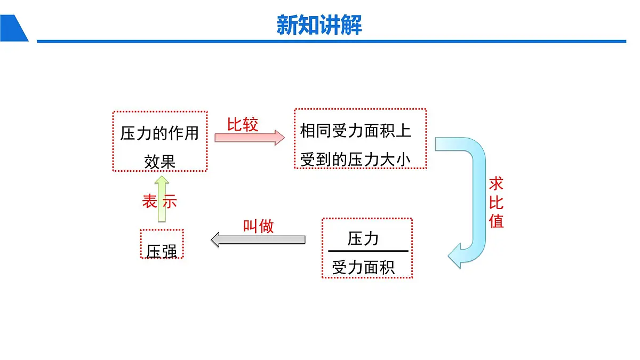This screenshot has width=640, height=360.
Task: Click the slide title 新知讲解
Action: click(x=319, y=25)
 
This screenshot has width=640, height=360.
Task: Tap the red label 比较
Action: click(x=243, y=124)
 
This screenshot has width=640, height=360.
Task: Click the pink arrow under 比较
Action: click(x=250, y=137)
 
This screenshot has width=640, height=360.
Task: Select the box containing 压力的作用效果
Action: click(x=159, y=141)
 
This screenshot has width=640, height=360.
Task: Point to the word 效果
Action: click(x=159, y=161)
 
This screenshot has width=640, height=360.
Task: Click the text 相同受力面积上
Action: click(x=356, y=131)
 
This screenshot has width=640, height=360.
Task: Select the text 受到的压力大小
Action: click(x=356, y=159)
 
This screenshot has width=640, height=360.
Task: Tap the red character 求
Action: click(x=496, y=184)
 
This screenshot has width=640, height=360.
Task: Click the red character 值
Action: click(x=496, y=221)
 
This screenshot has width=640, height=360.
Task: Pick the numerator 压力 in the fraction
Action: click(x=363, y=239)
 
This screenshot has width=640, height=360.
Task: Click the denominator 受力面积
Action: click(x=363, y=267)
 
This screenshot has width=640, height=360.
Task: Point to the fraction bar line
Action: click(x=367, y=251)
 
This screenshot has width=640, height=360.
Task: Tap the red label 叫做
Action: click(x=258, y=226)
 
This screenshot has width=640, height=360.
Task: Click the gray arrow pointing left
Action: click(x=258, y=239)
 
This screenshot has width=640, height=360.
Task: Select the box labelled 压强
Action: click(x=162, y=244)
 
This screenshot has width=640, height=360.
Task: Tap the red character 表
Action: click(x=149, y=201)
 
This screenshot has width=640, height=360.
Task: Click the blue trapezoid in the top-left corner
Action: click(x=13, y=28)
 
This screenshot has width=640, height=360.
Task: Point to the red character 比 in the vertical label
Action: click(x=496, y=203)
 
